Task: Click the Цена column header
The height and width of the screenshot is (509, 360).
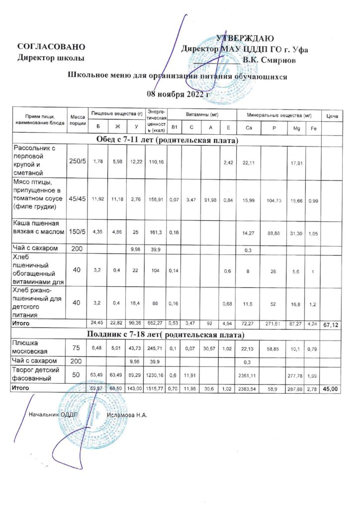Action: pyautogui.click(x=332, y=116)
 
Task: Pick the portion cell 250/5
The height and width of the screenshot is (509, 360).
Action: pyautogui.click(x=77, y=161)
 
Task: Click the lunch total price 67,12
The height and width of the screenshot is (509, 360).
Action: pyautogui.click(x=332, y=324)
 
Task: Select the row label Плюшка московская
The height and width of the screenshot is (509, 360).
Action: pyautogui.click(x=31, y=346)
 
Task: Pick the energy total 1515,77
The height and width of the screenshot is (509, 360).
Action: pyautogui.click(x=157, y=388)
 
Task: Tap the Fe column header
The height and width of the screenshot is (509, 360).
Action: pyautogui.click(x=312, y=129)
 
